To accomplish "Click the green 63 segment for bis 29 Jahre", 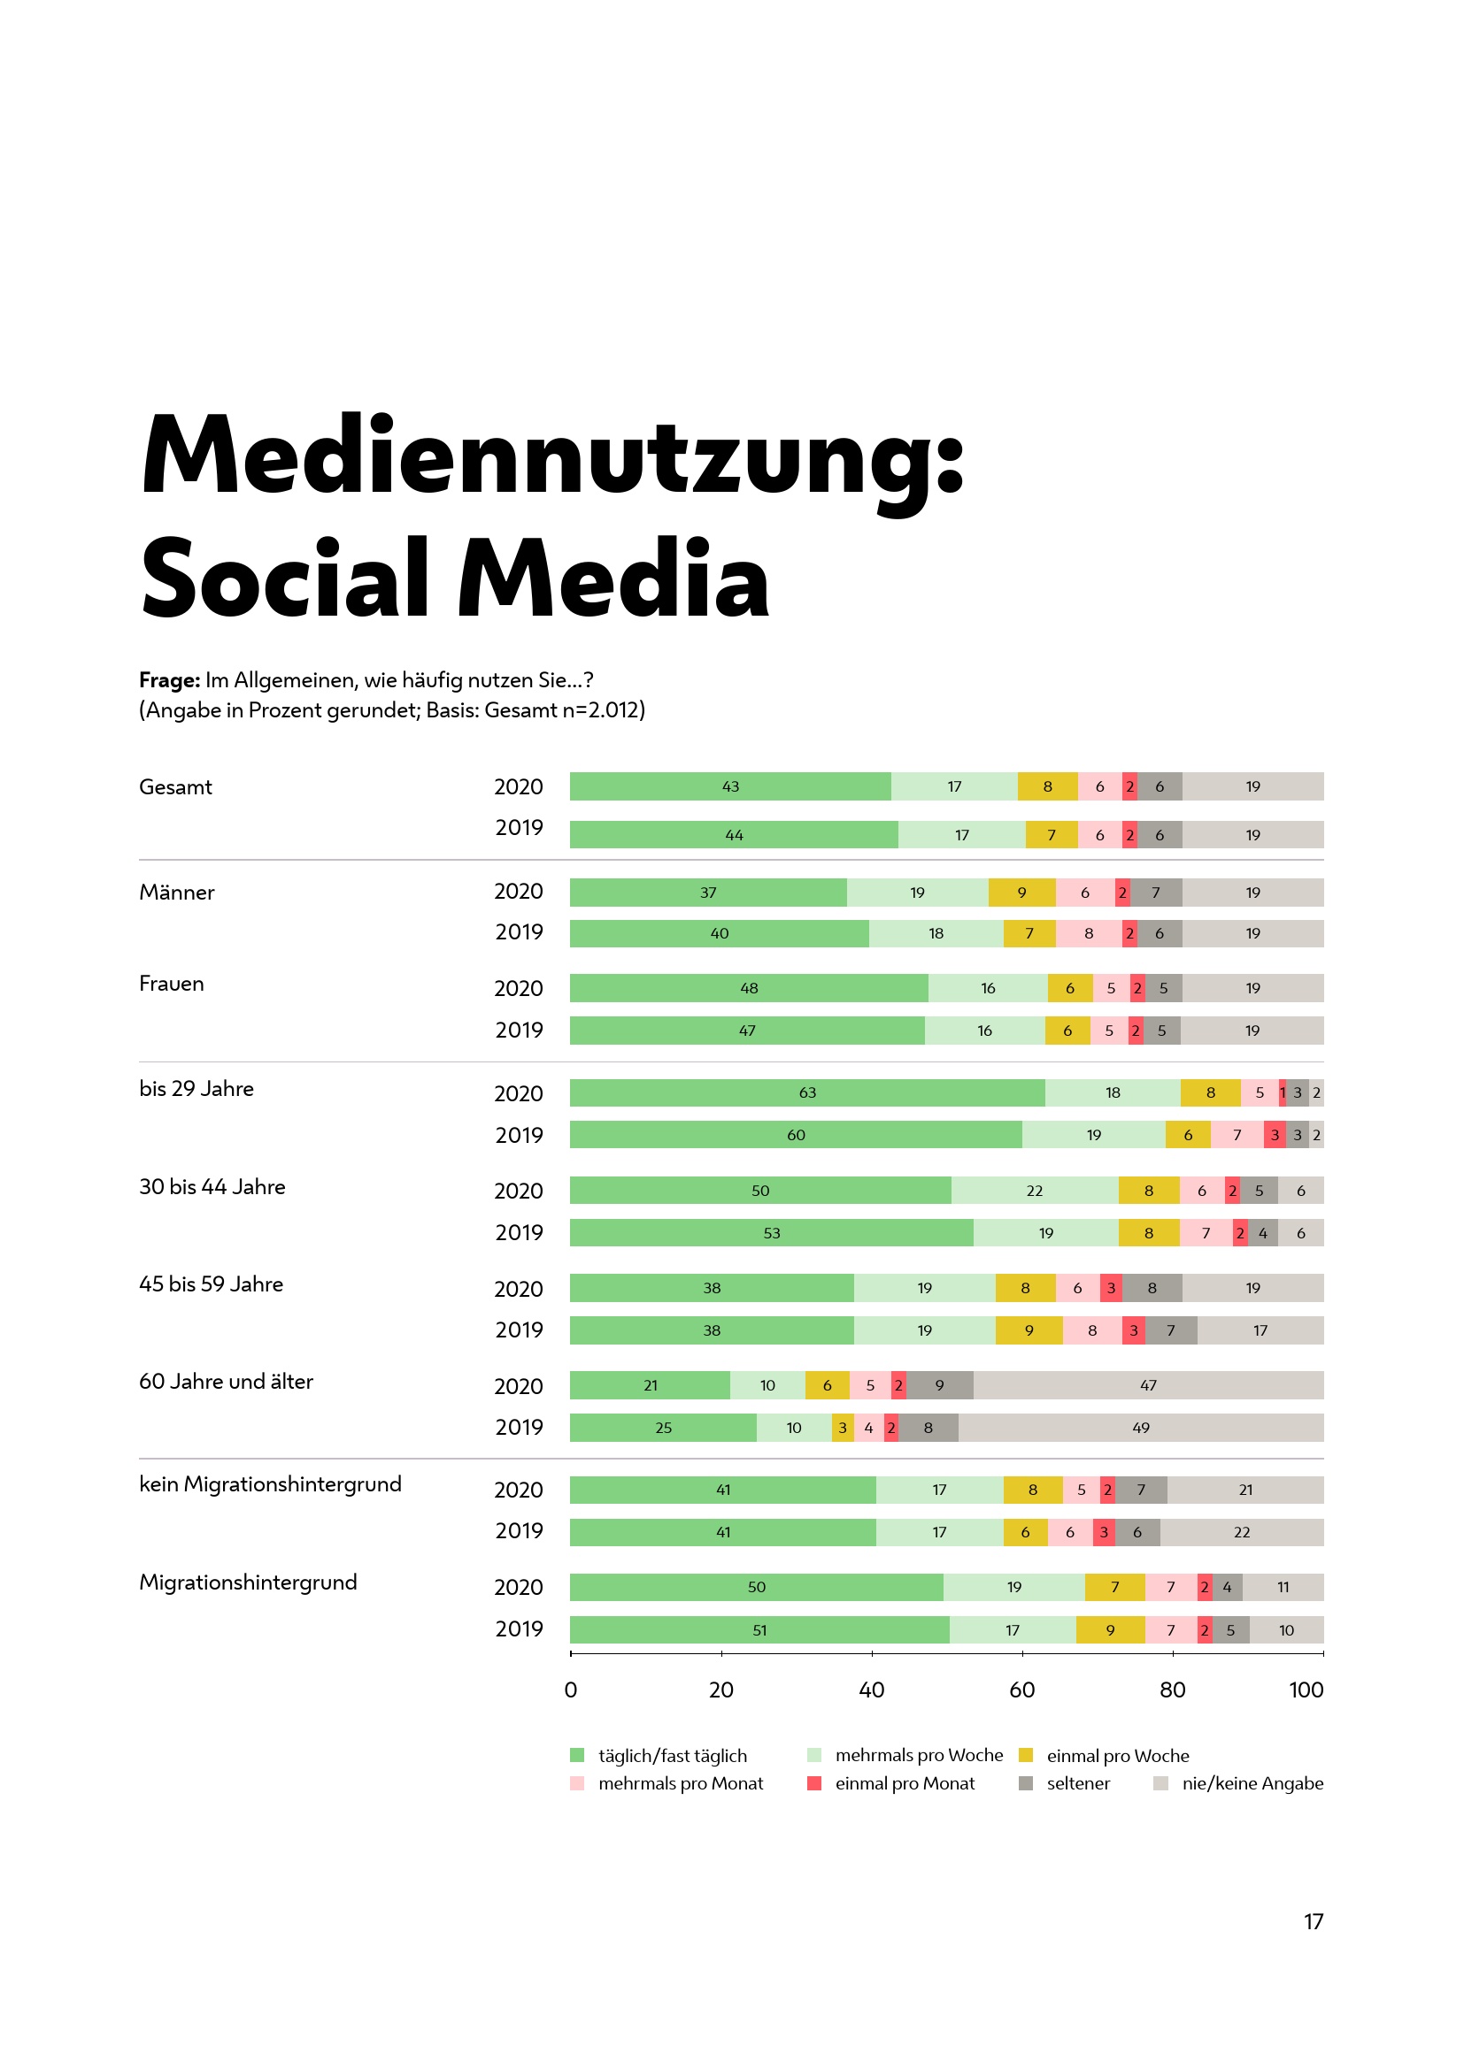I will point(807,1092).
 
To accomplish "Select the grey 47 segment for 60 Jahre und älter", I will point(1148,1385).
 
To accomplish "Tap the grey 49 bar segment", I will point(1140,1428).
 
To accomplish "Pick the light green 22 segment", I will point(1034,1191).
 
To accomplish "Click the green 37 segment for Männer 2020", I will point(708,893).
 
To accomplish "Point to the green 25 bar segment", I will point(663,1428).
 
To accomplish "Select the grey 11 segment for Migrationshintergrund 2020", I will point(1283,1587).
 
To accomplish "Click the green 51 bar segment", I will point(759,1630).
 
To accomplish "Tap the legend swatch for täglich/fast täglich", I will point(577,1754).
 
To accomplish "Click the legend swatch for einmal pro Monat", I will point(814,1782).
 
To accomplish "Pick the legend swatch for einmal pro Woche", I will point(1025,1754).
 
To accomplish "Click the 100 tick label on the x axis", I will point(1306,1690).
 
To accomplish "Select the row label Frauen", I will point(172,983).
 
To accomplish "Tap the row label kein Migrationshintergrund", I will point(270,1484).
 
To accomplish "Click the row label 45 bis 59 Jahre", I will point(211,1284).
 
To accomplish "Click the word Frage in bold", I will point(168,679).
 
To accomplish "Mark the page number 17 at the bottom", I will point(1313,1921).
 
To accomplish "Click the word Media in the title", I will point(613,579).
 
